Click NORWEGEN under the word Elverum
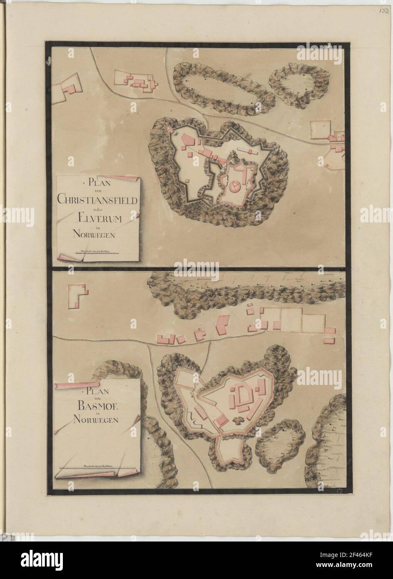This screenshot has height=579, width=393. [98, 234]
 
